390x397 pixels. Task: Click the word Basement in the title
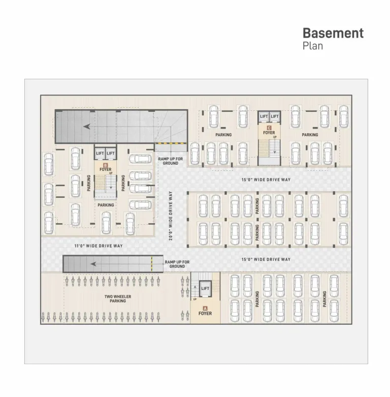(333, 33)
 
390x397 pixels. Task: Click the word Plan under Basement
(313, 46)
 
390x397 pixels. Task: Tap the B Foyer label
(106, 168)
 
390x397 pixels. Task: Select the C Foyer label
(269, 131)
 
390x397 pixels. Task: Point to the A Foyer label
(205, 311)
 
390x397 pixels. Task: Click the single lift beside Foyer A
(205, 288)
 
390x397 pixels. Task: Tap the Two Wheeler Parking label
(118, 299)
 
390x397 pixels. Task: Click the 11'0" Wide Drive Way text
(99, 246)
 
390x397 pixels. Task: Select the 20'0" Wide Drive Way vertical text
(171, 216)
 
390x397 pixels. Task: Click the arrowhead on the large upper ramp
(87, 126)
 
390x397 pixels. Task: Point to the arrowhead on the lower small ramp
(93, 264)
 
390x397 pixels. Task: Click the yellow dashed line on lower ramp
(151, 264)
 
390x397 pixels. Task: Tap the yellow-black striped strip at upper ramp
(171, 143)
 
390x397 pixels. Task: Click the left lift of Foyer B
(100, 153)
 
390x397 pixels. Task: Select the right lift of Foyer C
(275, 116)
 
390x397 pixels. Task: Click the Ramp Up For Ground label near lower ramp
(177, 264)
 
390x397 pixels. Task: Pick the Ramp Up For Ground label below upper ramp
(171, 161)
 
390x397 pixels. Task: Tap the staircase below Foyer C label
(274, 147)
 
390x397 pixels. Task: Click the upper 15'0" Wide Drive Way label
(266, 180)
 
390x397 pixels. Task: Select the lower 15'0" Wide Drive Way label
(266, 259)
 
